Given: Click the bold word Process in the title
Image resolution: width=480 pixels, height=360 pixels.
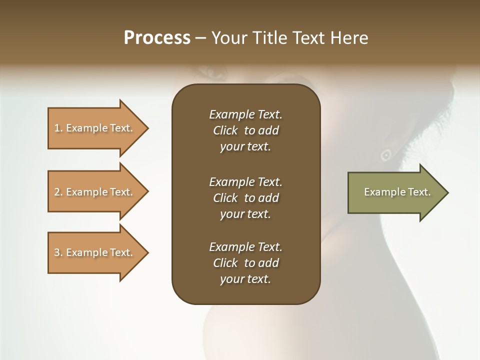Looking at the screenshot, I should click(157, 38).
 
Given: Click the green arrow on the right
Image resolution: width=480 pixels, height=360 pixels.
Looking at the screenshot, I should click(395, 192).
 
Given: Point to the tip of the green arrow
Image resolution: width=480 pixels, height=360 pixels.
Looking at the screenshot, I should click(447, 192).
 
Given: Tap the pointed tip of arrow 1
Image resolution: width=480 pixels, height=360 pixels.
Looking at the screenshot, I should click(147, 128).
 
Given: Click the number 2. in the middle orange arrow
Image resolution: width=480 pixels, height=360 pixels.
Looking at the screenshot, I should click(58, 192).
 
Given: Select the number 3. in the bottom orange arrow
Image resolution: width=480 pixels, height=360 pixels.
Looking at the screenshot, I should click(58, 252).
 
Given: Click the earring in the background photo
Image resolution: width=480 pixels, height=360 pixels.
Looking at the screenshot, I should click(385, 155).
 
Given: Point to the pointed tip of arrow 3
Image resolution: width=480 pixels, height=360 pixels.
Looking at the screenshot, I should click(147, 252).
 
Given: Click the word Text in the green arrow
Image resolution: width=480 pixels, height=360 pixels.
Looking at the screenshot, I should click(419, 192).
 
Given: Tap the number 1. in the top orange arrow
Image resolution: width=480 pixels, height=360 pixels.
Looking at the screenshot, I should click(58, 128).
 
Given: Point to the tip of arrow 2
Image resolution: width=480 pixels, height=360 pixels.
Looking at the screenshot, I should click(147, 192).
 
